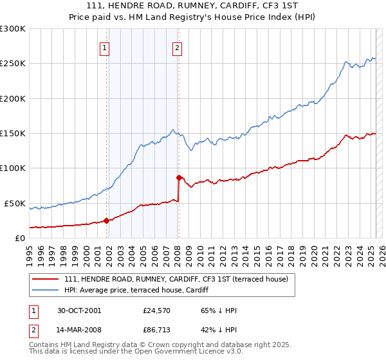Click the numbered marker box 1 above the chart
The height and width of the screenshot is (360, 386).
point(104,47)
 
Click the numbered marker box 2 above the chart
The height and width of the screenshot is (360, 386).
point(177,47)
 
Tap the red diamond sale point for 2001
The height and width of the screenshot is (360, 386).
point(106,221)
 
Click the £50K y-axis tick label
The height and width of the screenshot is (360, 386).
point(15,203)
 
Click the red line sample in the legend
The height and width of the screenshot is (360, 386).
point(44,279)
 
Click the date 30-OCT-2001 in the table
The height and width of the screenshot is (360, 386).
point(79,310)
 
